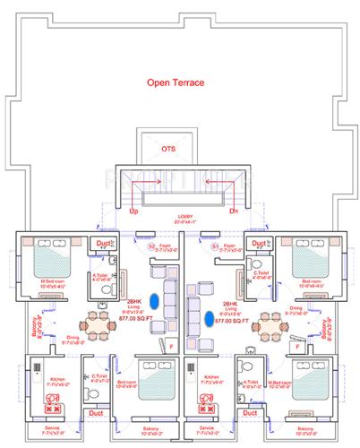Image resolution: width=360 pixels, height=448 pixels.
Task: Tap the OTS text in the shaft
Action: click(x=168, y=148)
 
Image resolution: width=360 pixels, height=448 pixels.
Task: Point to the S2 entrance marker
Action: click(x=150, y=245)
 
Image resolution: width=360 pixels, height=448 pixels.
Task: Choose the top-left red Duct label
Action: click(x=104, y=242)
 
